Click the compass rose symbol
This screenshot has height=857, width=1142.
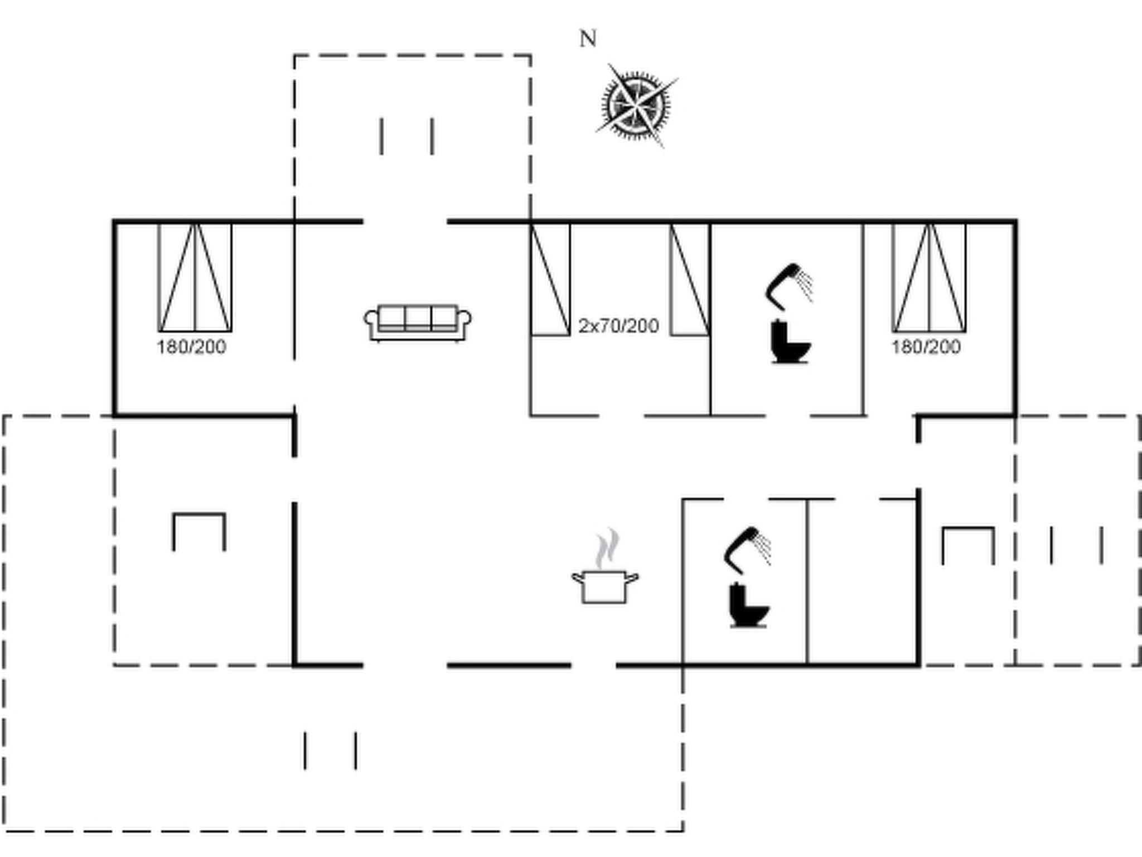636,105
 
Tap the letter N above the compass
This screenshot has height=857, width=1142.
588,39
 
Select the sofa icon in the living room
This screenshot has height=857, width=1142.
418,322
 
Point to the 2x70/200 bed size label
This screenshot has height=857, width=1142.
619,326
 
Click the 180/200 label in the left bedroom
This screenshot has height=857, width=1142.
191,347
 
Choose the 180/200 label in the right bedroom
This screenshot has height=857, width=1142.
926,347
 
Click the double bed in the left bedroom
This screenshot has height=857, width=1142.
195,277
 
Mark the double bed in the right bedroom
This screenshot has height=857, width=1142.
930,277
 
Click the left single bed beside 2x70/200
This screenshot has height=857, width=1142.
550,279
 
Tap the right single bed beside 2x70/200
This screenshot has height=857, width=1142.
690,279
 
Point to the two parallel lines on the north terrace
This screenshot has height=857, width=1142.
407,136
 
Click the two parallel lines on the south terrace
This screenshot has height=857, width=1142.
331,750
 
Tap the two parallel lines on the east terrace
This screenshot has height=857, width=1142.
1076,545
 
